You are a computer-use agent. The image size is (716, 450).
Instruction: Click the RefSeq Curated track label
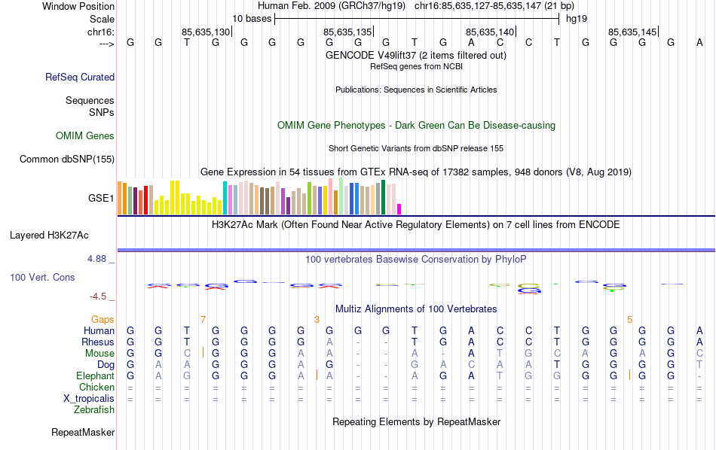80,77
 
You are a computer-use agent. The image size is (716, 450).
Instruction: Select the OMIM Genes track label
85,135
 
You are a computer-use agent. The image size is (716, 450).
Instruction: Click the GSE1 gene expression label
101,199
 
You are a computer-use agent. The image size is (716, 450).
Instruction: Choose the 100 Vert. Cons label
42,277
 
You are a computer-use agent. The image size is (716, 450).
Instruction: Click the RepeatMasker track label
83,433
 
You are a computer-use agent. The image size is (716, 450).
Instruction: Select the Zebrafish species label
94,410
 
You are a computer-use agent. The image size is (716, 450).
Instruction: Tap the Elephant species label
95,376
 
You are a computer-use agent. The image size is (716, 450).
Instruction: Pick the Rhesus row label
98,342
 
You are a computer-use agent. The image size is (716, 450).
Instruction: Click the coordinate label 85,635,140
490,32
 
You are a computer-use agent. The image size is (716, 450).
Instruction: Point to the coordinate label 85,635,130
205,32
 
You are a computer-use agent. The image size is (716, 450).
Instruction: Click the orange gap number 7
203,320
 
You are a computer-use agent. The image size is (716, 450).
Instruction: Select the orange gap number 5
629,320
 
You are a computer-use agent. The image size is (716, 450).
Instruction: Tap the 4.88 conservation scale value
98,258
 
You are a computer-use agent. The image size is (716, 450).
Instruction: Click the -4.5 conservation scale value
99,296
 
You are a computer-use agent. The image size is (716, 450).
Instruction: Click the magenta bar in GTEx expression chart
399,209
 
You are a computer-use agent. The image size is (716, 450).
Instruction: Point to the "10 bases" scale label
251,18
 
